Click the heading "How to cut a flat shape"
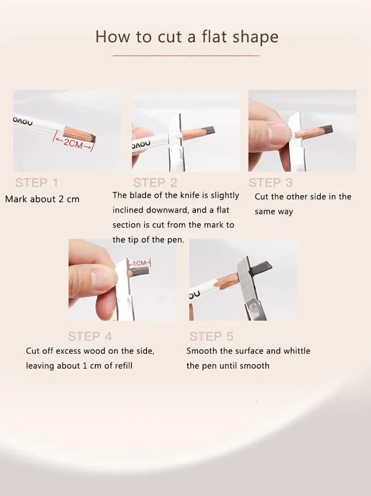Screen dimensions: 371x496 [187, 37]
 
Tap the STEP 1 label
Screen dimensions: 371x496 [37, 182]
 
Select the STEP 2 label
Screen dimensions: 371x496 [155, 182]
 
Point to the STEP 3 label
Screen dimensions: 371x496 [271, 182]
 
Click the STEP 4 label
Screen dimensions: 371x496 [90, 336]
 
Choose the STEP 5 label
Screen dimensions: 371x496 [211, 336]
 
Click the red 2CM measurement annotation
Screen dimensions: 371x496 [73, 143]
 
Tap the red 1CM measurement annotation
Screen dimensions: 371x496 [139, 263]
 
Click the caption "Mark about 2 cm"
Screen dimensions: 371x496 [42, 199]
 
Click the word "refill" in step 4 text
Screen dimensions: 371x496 [124, 366]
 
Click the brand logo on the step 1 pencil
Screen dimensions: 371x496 [23, 121]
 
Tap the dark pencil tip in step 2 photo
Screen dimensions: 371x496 [209, 130]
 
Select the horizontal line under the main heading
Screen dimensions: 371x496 [185, 55]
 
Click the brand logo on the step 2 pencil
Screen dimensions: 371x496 [141, 144]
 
